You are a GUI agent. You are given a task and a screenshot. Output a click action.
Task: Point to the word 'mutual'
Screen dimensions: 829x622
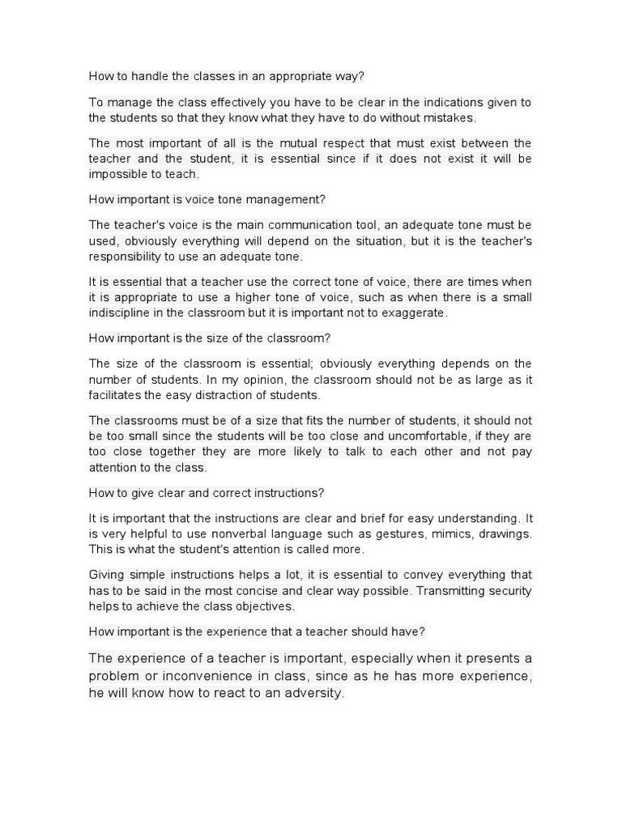tap(317, 143)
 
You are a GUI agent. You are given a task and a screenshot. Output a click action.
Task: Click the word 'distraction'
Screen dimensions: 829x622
tap(234, 395)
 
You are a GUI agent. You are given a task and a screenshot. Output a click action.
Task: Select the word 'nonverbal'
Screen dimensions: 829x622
tap(238, 534)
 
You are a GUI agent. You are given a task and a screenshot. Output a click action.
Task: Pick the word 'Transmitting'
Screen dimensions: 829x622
tap(449, 591)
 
